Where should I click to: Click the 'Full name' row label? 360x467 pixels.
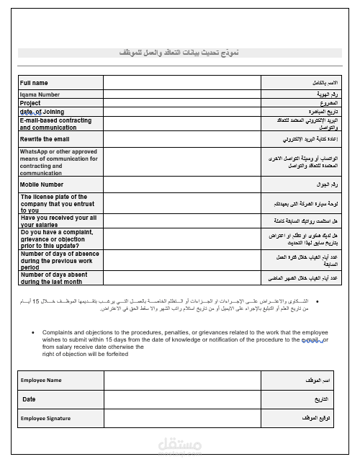35,83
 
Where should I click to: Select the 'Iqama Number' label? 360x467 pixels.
40,94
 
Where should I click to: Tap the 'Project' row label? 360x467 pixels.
31,103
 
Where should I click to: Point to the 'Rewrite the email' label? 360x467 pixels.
45,139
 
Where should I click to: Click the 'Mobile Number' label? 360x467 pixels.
42,184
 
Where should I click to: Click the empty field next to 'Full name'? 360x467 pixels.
182,83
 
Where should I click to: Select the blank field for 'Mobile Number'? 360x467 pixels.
182,184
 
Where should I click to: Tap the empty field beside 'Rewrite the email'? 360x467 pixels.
182,139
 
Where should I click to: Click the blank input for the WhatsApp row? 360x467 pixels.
182,162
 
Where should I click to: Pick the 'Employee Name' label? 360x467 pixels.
41,380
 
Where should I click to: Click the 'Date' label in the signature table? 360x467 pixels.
29,399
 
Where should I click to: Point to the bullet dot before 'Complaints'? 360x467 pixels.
35,332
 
